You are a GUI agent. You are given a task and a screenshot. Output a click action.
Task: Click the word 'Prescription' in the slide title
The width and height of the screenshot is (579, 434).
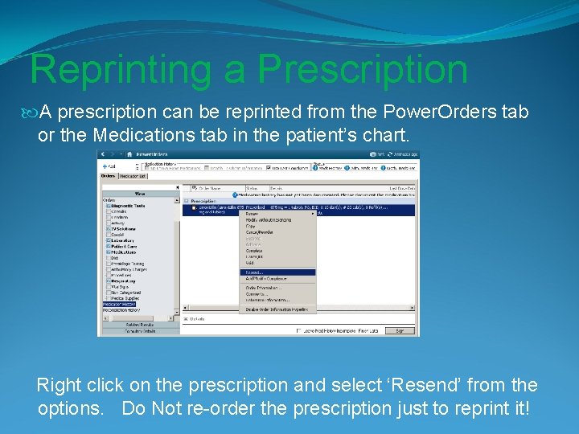pos(362,69)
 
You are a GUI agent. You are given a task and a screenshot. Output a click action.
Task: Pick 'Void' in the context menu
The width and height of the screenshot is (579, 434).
pos(250,263)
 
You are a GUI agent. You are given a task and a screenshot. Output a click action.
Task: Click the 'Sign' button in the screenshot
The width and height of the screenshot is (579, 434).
pos(399,330)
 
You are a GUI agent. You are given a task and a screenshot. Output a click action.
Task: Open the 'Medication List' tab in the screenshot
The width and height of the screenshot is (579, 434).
pos(133,175)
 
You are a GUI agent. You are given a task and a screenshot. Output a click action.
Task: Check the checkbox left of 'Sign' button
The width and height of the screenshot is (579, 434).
pos(299,330)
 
